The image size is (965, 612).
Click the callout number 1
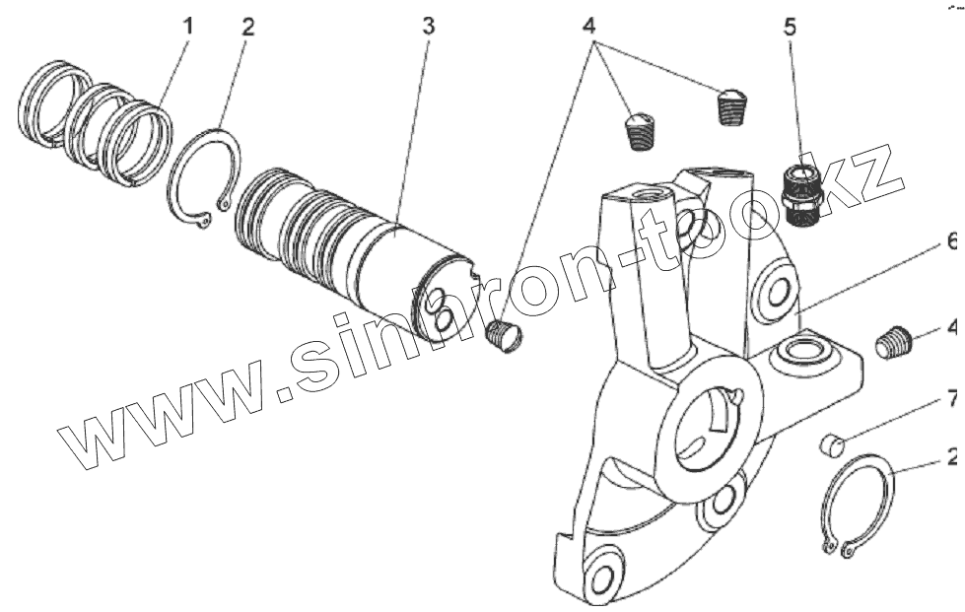(188, 27)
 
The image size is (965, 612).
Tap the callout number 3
(428, 27)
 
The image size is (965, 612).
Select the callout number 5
(790, 27)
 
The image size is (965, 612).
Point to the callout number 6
(952, 240)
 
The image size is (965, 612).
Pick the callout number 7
(952, 399)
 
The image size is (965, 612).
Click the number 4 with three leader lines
(589, 27)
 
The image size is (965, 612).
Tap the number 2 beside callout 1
(247, 27)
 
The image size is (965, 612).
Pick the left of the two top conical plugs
(641, 130)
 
